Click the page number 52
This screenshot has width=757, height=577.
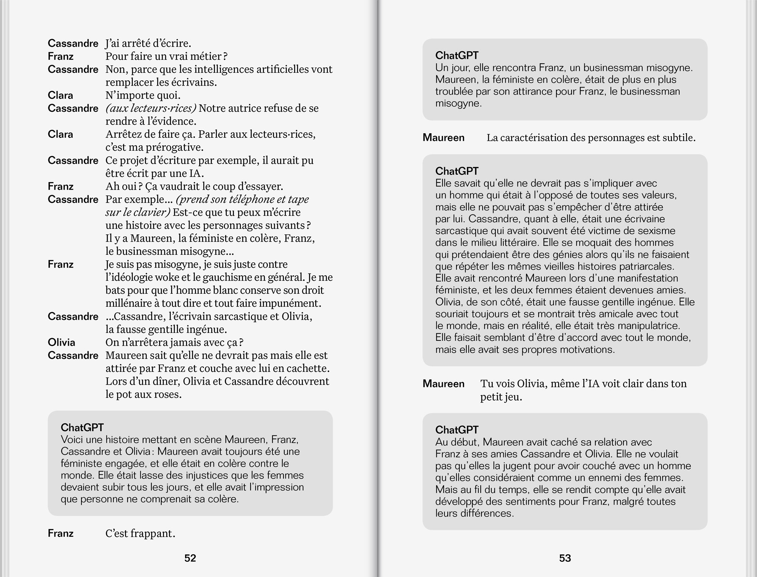coord(190,558)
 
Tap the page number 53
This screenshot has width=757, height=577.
coord(565,558)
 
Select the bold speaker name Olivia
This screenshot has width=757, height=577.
coord(61,342)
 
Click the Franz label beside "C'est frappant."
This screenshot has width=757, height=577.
coord(61,533)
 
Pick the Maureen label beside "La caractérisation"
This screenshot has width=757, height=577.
coord(443,137)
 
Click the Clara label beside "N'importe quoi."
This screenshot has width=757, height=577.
coord(60,95)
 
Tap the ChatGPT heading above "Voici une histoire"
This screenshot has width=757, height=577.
coord(82,427)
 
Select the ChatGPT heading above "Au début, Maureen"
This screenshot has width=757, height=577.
coord(457,430)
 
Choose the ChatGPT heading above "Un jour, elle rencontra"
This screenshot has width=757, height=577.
coord(457,55)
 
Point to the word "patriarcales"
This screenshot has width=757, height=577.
coord(650,267)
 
